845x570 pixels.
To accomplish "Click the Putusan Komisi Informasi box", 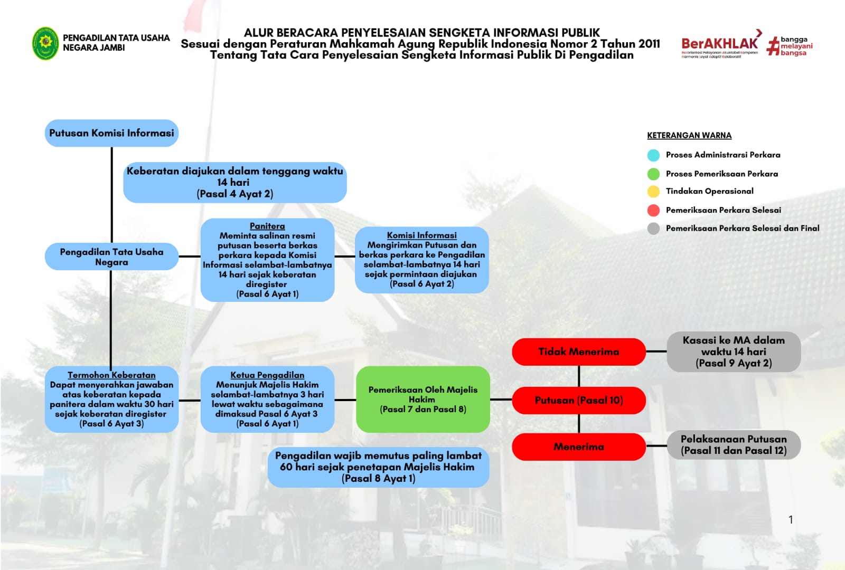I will pyautogui.click(x=111, y=133).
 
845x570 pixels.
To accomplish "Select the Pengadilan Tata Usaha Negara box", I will pyautogui.click(x=111, y=256).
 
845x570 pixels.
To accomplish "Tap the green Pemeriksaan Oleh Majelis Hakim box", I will pyautogui.click(x=422, y=399).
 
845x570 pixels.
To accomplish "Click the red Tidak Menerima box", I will pyautogui.click(x=578, y=351).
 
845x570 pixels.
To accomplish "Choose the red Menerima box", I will pyautogui.click(x=578, y=446).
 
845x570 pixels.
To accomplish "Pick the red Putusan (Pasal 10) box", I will pyautogui.click(x=578, y=400).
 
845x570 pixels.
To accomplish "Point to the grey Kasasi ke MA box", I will pyautogui.click(x=734, y=351).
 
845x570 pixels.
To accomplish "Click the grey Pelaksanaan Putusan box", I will pyautogui.click(x=734, y=445).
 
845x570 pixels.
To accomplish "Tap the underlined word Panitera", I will pyautogui.click(x=267, y=226).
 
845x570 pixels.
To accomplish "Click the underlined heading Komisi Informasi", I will pyautogui.click(x=421, y=235).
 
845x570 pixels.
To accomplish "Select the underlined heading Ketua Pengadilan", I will pyautogui.click(x=267, y=375).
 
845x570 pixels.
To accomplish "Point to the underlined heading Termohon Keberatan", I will pyautogui.click(x=111, y=375).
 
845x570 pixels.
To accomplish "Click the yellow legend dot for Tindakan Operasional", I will pyautogui.click(x=653, y=191).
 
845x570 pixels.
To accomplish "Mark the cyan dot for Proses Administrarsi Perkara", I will pyautogui.click(x=653, y=155).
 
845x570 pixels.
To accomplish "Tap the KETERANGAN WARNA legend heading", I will pyautogui.click(x=689, y=136).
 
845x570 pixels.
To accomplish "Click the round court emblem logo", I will pyautogui.click(x=45, y=43).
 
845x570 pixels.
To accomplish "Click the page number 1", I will pyautogui.click(x=791, y=520).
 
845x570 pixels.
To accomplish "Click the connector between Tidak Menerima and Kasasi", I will pyautogui.click(x=656, y=351).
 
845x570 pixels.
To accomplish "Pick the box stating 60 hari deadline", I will pyautogui.click(x=378, y=467).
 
